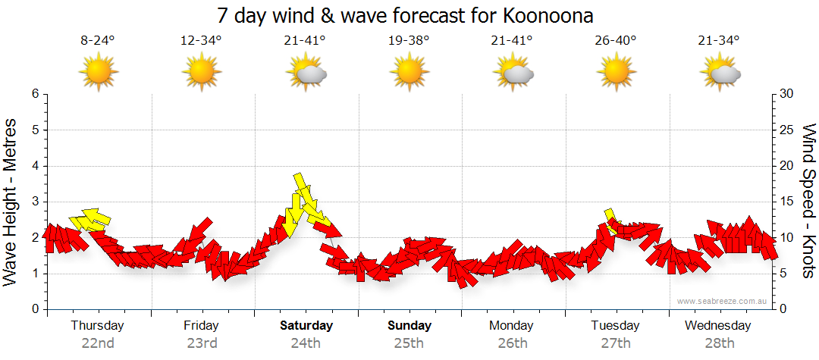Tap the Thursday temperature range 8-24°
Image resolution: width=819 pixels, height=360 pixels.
[97, 41]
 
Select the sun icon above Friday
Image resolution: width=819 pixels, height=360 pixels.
[201, 73]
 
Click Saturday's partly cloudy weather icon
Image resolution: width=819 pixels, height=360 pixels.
[306, 73]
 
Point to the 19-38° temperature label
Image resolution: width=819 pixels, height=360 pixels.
[409, 41]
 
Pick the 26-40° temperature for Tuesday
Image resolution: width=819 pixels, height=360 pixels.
[616, 41]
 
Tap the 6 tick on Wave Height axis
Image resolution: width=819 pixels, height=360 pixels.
[34, 94]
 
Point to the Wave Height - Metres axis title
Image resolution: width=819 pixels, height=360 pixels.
[11, 202]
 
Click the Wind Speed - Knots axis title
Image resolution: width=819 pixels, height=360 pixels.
[808, 202]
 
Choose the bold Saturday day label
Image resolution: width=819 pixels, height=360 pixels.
[306, 326]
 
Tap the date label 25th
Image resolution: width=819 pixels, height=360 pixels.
[409, 343]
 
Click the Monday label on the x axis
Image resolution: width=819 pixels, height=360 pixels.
[511, 326]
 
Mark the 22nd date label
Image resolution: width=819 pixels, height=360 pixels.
[97, 343]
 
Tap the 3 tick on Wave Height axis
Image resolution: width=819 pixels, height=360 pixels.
[34, 202]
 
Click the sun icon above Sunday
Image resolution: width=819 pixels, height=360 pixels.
[409, 73]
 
